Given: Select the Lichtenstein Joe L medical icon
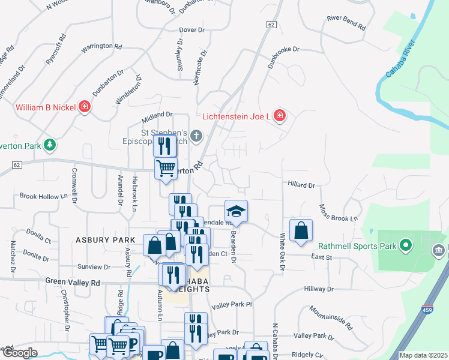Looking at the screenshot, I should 279,115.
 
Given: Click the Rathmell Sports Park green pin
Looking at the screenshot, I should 406,245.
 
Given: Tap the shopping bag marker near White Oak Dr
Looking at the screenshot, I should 301,230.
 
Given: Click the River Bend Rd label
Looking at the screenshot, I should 346,23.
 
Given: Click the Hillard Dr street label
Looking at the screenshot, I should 301,185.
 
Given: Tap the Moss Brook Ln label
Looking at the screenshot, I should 338,212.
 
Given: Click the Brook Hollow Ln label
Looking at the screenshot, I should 44,196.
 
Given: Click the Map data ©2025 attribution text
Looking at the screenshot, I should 423,355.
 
